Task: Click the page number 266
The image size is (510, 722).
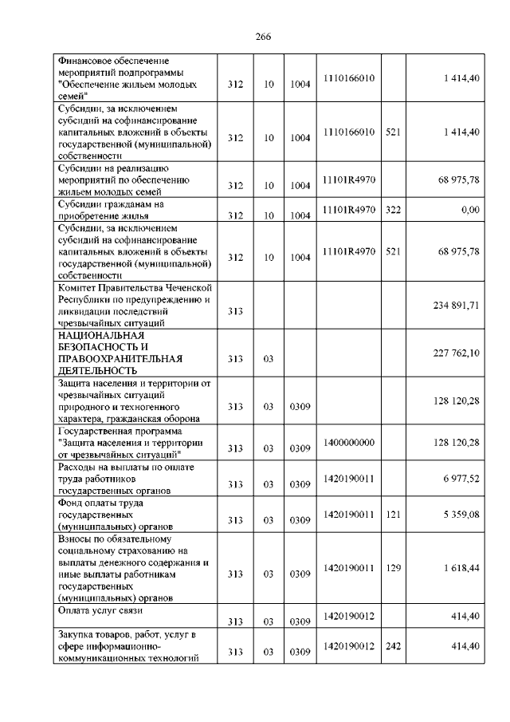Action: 264,36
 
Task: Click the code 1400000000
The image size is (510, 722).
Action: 349,441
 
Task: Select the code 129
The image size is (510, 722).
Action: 391,567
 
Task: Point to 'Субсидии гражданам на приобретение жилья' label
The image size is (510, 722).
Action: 112,209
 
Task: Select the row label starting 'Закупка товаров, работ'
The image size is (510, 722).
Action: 127,645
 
